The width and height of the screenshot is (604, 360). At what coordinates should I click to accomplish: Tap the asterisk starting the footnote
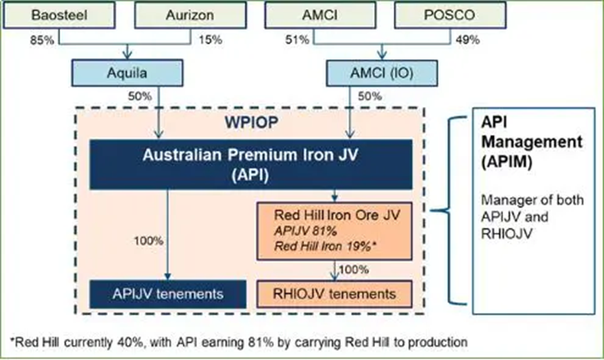tap(14, 341)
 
